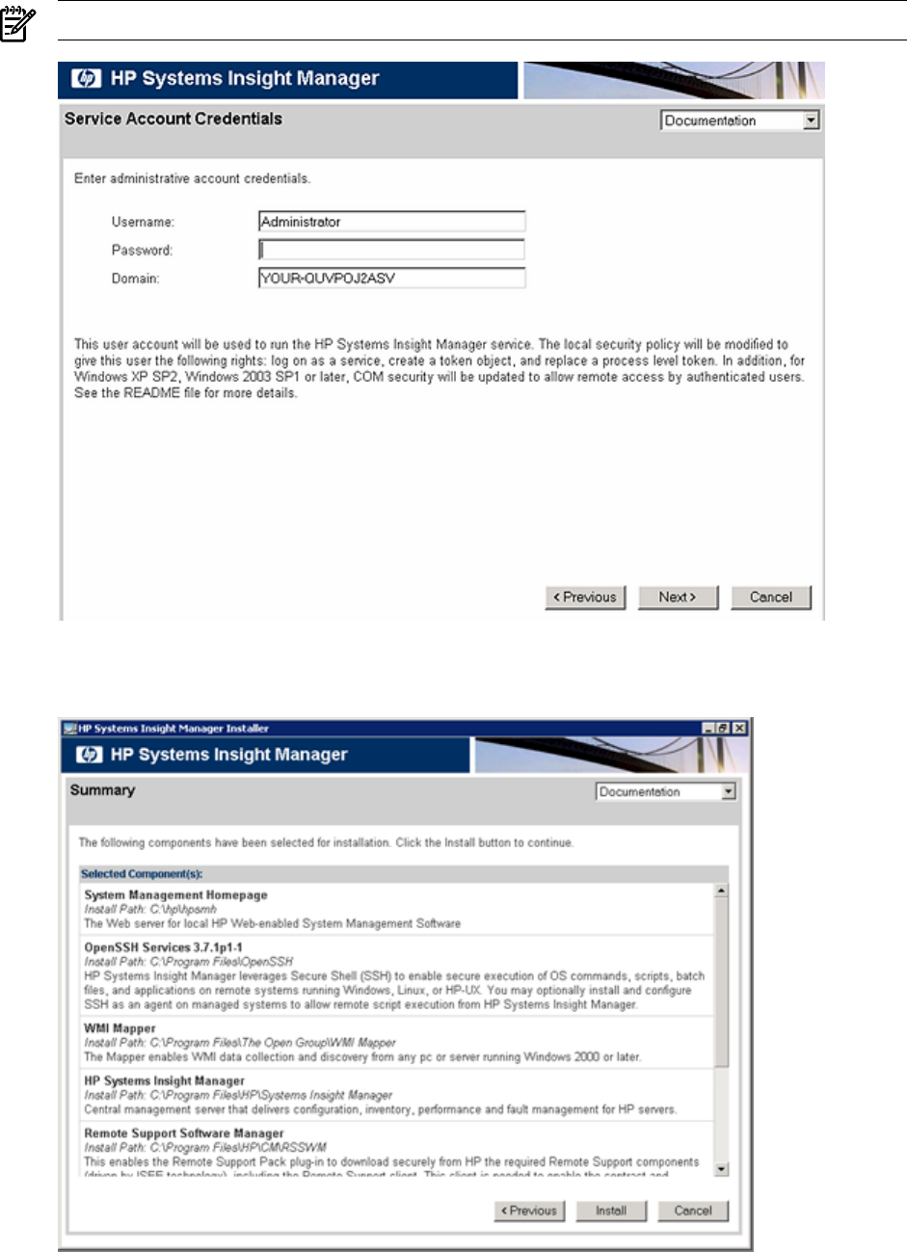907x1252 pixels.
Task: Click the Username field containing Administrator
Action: point(391,222)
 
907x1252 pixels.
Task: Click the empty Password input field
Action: point(391,251)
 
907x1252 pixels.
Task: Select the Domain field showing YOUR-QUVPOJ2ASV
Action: point(391,279)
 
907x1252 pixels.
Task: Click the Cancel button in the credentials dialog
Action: point(771,598)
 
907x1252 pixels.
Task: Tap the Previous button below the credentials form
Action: point(585,598)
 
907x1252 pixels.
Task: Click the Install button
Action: point(611,1211)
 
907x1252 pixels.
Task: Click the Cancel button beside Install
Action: point(693,1211)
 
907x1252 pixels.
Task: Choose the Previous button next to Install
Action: point(529,1211)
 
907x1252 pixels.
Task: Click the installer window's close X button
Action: point(739,729)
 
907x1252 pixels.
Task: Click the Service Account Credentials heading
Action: point(173,120)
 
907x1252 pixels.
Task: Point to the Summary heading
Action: point(102,790)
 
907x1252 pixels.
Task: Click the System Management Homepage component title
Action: point(175,895)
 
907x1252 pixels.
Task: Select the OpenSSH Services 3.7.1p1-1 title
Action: point(163,947)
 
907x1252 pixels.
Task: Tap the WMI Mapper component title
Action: point(120,1028)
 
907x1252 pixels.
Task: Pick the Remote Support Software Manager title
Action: point(183,1133)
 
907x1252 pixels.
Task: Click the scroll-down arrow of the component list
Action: point(721,1169)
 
